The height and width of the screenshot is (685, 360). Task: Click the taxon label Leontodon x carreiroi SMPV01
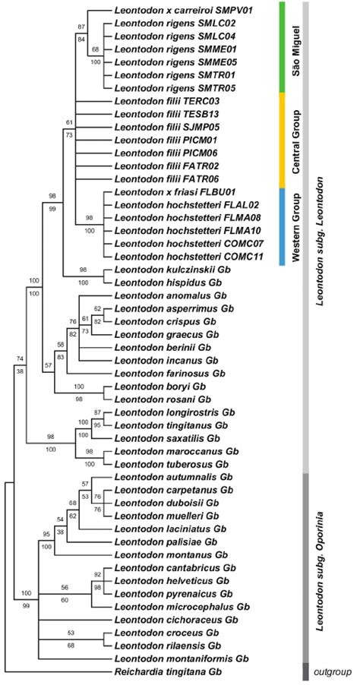click(x=182, y=12)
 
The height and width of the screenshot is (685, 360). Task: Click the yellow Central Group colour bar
click(x=282, y=140)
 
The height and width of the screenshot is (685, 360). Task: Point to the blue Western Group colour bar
click(x=282, y=226)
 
